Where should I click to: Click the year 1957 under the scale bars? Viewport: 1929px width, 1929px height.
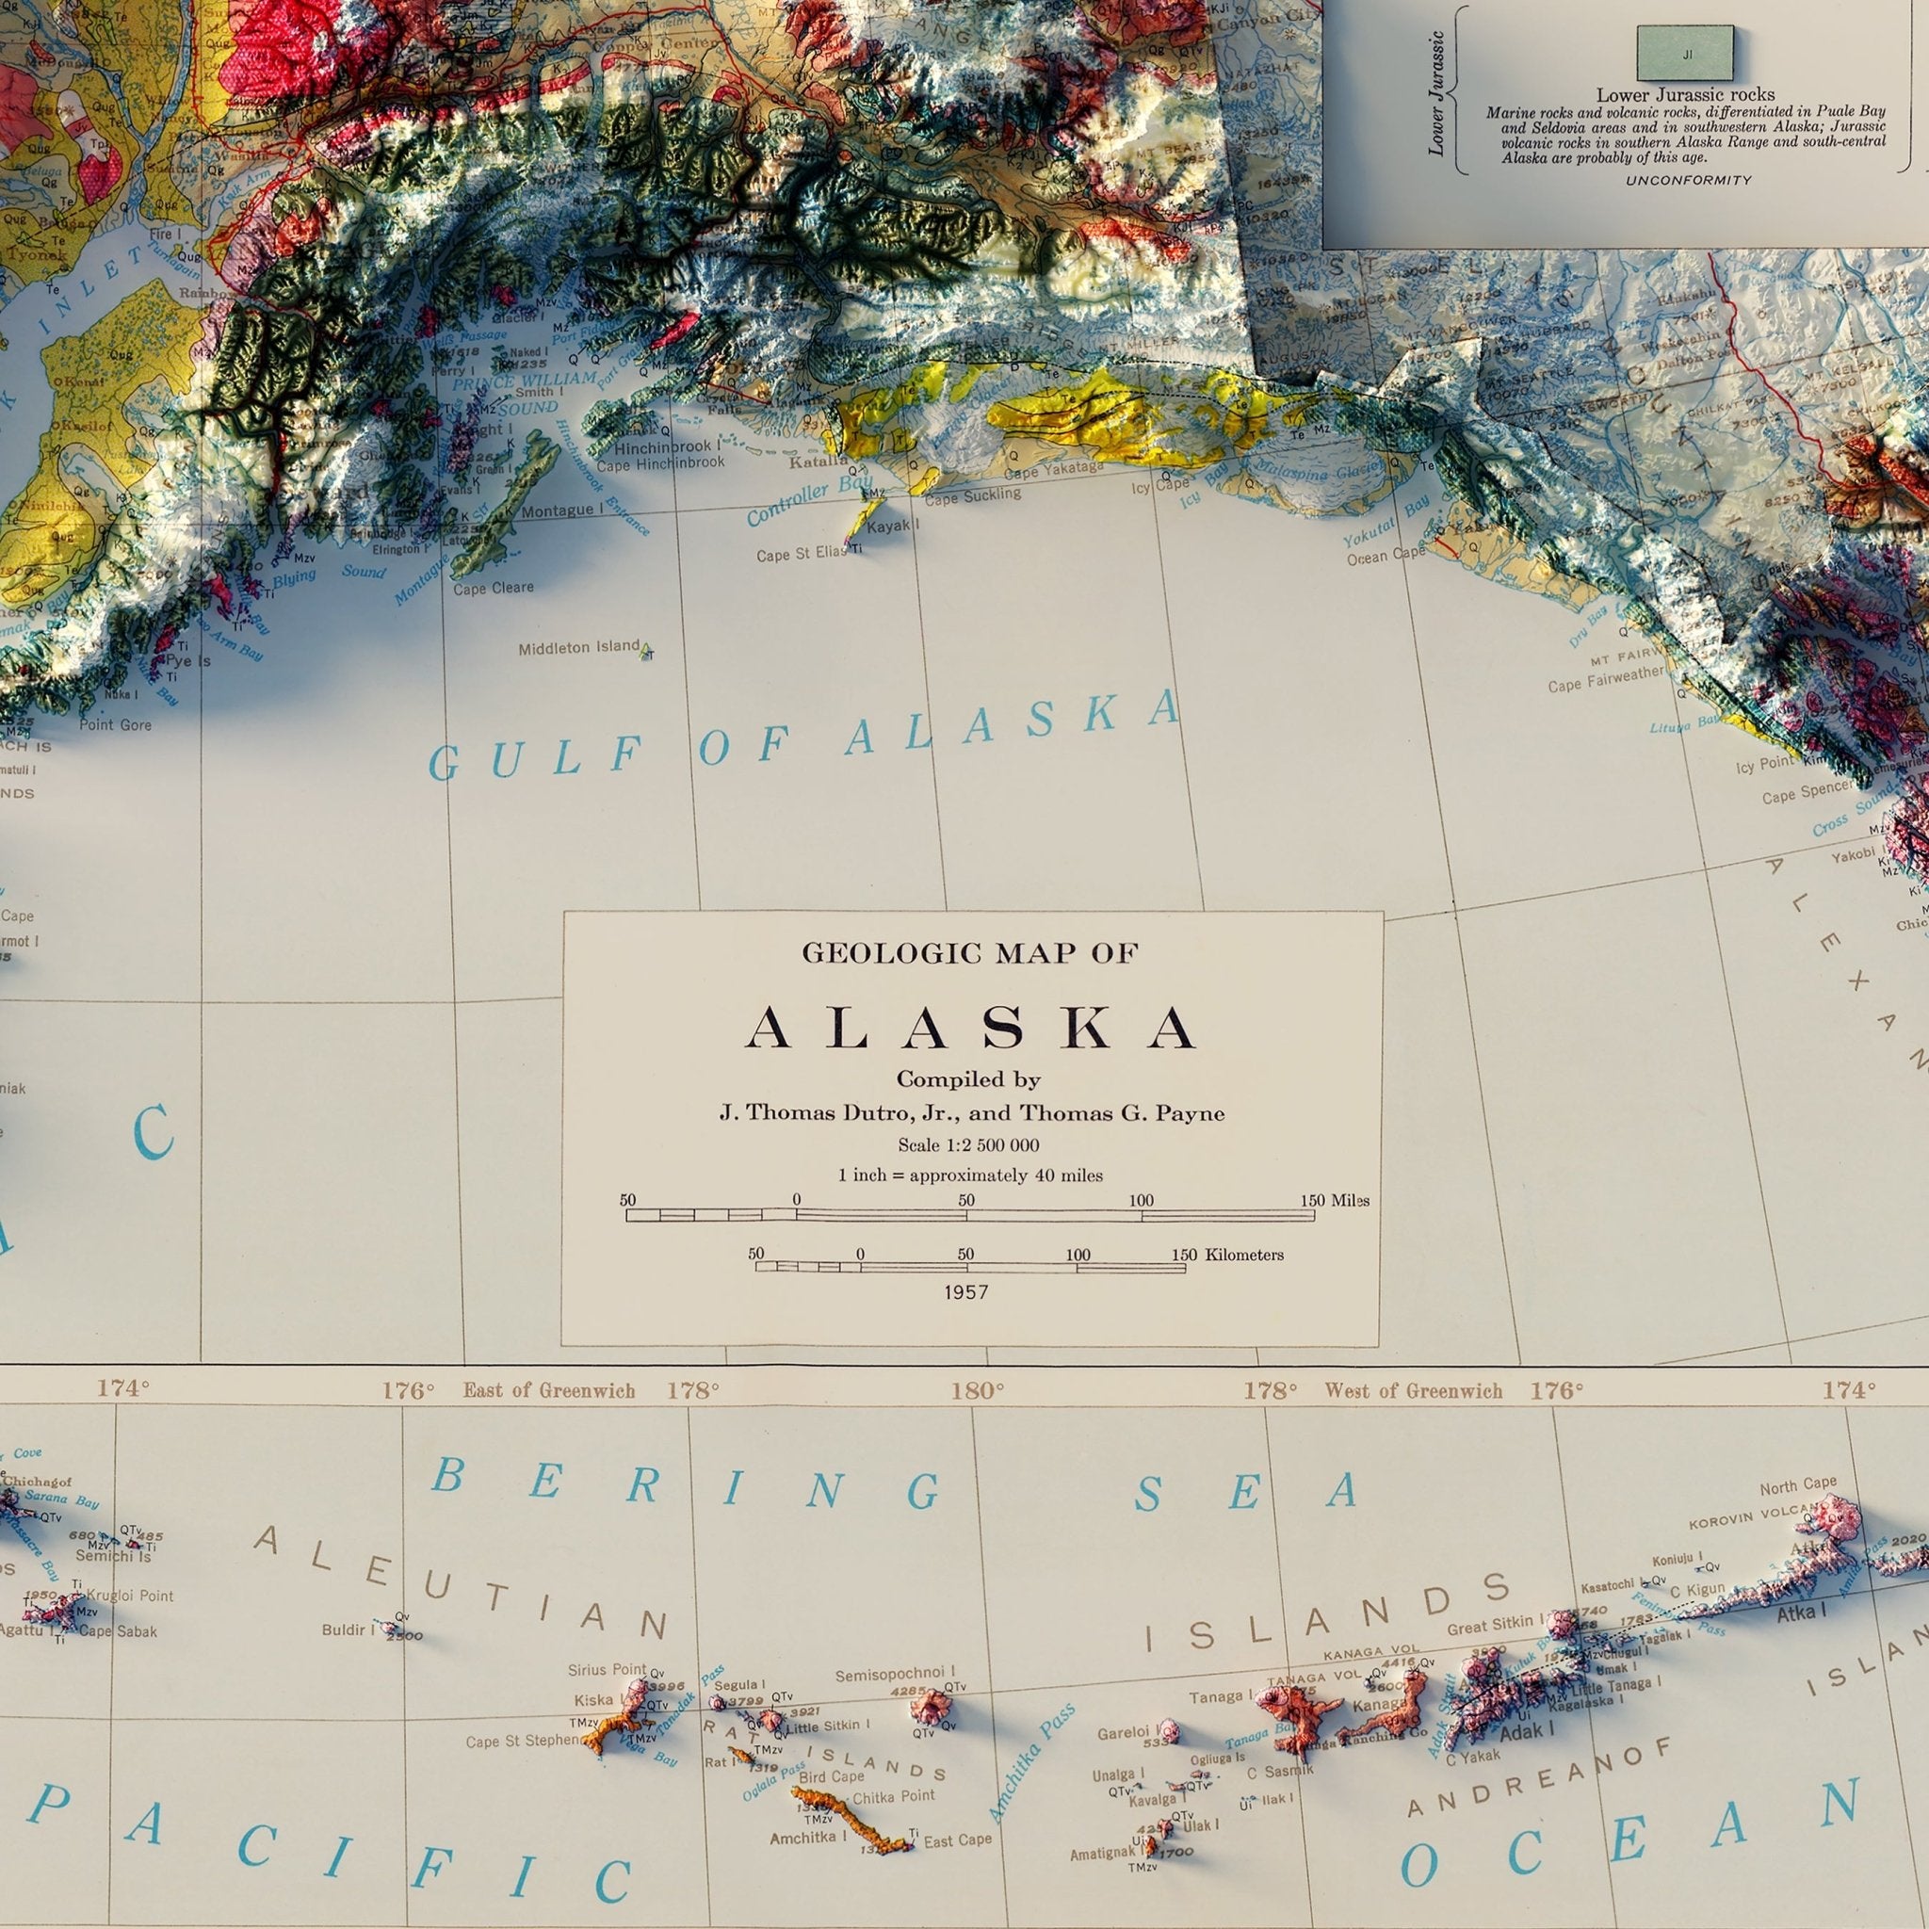(x=965, y=1292)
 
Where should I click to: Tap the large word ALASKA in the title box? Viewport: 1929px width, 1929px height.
(x=970, y=1028)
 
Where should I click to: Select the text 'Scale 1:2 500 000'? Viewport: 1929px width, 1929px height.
(x=967, y=1145)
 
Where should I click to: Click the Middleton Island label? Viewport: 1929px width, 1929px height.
(x=578, y=648)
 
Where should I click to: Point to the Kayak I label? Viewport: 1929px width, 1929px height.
(x=893, y=526)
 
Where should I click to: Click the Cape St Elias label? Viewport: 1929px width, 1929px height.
(x=801, y=554)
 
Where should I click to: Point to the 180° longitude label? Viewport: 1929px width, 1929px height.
(x=978, y=1391)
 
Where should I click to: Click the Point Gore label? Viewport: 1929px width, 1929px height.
(x=116, y=724)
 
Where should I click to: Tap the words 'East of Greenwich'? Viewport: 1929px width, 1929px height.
(x=548, y=1391)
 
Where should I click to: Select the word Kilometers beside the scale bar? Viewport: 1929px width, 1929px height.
(x=1244, y=1255)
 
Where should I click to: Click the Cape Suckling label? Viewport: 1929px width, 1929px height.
(x=972, y=495)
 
